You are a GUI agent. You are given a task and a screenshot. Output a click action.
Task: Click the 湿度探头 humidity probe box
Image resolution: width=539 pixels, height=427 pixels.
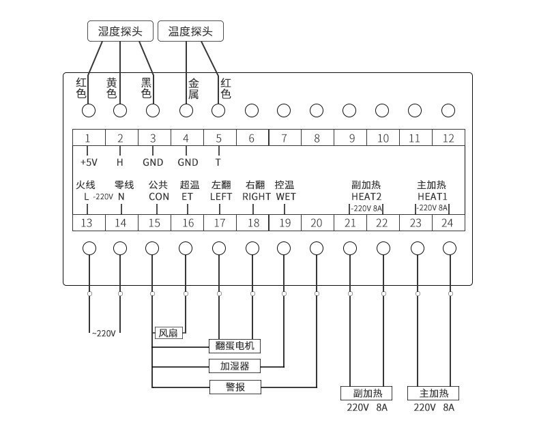tap(120, 31)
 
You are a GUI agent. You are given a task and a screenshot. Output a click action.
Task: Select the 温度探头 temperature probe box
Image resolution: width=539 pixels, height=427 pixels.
tap(190, 31)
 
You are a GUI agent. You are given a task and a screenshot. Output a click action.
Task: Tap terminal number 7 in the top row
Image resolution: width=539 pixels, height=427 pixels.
tap(284, 138)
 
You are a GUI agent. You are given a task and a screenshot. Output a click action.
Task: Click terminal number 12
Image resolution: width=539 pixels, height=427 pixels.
tap(448, 138)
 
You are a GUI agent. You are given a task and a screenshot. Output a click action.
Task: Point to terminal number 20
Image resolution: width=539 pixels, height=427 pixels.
tap(317, 223)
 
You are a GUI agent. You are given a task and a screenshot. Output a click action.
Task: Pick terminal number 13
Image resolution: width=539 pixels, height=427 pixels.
tap(87, 223)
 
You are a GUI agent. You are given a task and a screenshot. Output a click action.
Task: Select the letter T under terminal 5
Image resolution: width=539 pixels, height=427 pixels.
tap(218, 162)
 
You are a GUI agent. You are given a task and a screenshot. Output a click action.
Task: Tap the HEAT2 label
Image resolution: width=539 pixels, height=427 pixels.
tap(366, 196)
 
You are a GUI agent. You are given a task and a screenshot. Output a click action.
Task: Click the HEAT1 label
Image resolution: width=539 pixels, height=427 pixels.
tap(432, 196)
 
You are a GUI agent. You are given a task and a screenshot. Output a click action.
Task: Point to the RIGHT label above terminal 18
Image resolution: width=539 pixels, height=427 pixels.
tap(257, 196)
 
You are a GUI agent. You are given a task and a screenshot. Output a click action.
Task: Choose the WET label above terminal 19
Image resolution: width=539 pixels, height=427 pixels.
tap(285, 196)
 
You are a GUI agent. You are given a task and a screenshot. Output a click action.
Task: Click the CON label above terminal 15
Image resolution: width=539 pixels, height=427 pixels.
tap(159, 196)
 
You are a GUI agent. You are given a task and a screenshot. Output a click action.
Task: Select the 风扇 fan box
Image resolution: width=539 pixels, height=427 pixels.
tap(167, 333)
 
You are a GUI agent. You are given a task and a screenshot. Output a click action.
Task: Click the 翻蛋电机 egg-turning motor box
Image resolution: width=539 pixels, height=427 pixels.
tap(235, 346)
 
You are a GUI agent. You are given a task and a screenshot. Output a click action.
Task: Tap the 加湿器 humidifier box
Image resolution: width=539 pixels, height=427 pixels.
tap(235, 366)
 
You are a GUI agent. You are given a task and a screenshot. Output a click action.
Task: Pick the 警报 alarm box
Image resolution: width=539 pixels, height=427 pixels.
tap(235, 387)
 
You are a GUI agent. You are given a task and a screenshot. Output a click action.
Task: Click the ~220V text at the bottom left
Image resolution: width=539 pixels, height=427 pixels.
tap(104, 333)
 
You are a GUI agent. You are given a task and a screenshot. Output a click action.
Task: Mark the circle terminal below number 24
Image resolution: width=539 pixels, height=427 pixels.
tap(448, 248)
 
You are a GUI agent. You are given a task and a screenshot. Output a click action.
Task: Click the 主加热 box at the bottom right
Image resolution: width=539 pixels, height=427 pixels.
tap(433, 394)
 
